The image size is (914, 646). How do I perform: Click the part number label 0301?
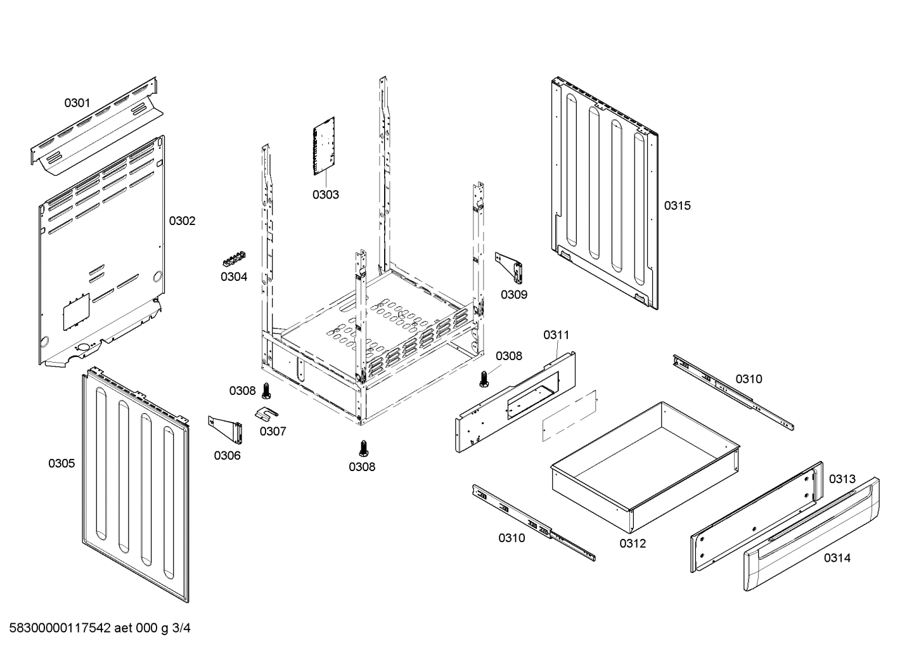click(77, 103)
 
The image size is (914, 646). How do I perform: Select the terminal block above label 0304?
click(233, 259)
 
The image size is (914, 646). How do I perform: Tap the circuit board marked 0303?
click(324, 146)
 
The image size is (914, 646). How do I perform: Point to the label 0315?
click(677, 205)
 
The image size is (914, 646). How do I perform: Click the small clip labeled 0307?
click(269, 413)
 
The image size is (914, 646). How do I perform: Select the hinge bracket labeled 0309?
click(510, 267)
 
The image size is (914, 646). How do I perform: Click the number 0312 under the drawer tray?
click(633, 543)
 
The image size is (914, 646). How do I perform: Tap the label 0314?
click(837, 558)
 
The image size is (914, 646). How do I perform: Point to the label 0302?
click(182, 221)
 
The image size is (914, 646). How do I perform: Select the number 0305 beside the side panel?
click(61, 463)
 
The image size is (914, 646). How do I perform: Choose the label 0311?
click(556, 335)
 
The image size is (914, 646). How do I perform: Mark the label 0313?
click(842, 479)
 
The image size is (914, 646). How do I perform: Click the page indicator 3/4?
click(181, 628)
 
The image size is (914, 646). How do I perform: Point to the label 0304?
click(234, 276)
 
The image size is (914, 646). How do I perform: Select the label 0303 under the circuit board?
click(325, 195)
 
